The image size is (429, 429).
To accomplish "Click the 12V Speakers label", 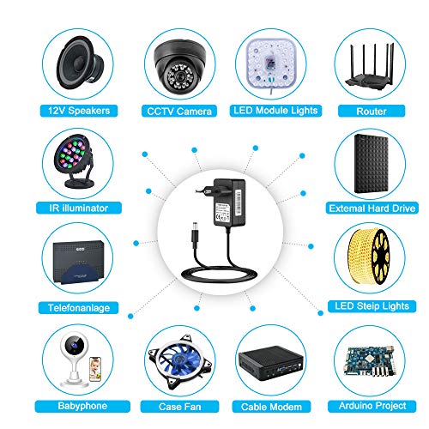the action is tap(79, 111).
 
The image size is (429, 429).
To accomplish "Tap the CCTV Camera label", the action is tap(179, 111).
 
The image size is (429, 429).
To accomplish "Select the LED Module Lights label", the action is tap(275, 111).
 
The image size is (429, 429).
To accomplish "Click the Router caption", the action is tap(372, 111).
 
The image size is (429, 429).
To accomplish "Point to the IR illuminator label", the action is tap(79, 208).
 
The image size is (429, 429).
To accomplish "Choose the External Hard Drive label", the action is tap(372, 208).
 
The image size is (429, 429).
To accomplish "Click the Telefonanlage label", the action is tap(79, 308).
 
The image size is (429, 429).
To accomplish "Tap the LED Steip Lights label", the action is tap(372, 306).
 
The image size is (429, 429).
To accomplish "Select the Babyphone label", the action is tap(82, 406).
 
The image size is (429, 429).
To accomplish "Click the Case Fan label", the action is tap(179, 407).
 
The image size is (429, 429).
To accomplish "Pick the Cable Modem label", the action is tap(271, 407).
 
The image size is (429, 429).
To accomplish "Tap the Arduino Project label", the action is tap(372, 406).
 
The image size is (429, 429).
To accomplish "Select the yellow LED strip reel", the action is tap(369, 256).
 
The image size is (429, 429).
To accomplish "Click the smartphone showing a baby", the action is tap(95, 369).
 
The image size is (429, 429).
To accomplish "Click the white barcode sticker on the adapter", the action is tap(239, 203).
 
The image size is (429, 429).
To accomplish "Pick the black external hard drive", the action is tap(372, 164).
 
